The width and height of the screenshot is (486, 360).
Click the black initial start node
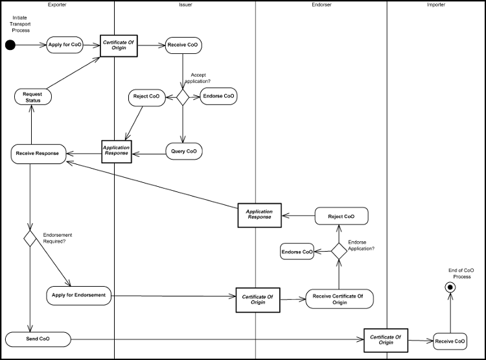10,45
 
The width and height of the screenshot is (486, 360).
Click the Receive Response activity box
38,154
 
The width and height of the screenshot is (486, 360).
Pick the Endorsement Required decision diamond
30,238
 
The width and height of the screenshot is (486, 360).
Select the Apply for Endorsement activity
79,296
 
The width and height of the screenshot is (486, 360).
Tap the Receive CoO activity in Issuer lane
183,45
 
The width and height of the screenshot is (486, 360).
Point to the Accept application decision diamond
183,97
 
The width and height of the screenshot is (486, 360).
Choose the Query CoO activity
183,151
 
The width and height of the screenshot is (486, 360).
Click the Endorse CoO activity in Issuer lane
218,97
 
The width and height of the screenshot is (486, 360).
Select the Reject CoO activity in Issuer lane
146,97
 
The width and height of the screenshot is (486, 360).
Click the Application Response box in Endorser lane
259,215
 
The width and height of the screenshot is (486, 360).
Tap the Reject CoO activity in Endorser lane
341,216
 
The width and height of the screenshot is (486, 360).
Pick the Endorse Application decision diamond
340,251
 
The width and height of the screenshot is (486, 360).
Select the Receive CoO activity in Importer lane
450,341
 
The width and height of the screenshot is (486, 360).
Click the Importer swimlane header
436,5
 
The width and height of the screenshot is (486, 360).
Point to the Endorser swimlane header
321,5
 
